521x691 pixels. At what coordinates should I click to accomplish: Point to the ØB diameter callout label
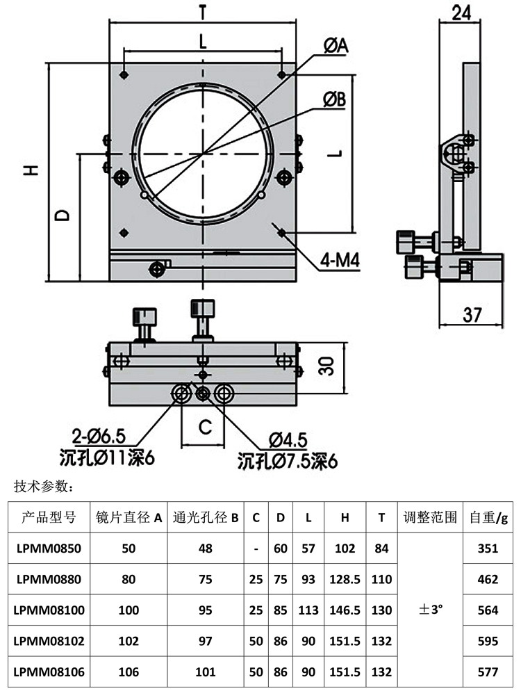point(334,100)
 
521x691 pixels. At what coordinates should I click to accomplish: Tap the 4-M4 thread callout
point(340,261)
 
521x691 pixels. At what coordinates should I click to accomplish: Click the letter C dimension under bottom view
point(205,427)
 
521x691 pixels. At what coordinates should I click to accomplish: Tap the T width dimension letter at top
point(202,12)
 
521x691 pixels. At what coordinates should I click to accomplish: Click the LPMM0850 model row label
point(48,548)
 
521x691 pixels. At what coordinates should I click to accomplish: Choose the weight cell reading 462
point(488,579)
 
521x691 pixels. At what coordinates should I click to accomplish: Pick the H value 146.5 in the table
point(345,610)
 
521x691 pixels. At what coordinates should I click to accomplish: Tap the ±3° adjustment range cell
point(431,610)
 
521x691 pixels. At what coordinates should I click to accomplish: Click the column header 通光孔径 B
point(206,517)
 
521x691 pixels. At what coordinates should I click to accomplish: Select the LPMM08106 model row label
point(48,672)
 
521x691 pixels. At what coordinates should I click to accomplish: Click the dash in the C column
point(257,548)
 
